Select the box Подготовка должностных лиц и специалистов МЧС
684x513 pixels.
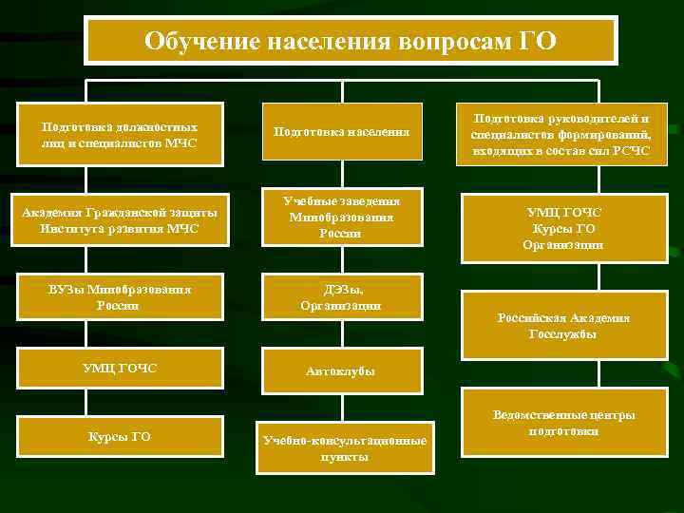pyautogui.click(x=120, y=134)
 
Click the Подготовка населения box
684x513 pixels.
pyautogui.click(x=341, y=130)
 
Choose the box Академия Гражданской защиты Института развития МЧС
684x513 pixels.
pyautogui.click(x=120, y=219)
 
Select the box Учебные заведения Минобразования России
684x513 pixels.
pyautogui.click(x=341, y=218)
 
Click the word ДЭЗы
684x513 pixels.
pyautogui.click(x=341, y=290)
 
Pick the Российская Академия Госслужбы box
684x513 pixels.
pyautogui.click(x=563, y=326)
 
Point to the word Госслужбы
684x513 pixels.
pyautogui.click(x=563, y=334)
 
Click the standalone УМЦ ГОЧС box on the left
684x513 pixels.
pyautogui.click(x=120, y=368)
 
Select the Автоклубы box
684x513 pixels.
pyautogui.click(x=341, y=370)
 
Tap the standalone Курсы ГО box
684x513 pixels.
pyautogui.click(x=120, y=437)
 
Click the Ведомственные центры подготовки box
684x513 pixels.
pyautogui.click(x=563, y=423)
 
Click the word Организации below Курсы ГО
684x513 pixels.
pyautogui.click(x=563, y=245)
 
